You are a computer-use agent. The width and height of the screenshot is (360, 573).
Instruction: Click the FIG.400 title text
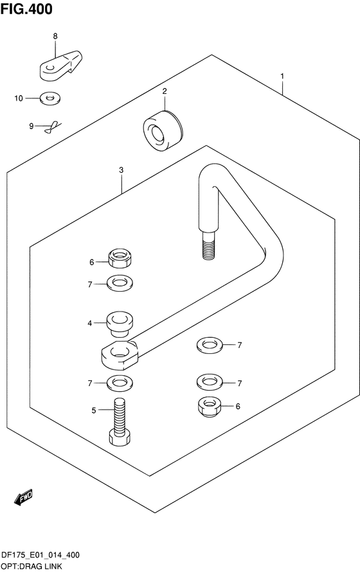26,9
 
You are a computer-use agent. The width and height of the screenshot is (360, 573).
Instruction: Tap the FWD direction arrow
23,498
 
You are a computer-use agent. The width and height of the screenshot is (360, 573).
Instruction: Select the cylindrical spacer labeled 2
163,131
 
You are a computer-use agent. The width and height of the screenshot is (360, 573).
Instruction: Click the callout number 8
55,36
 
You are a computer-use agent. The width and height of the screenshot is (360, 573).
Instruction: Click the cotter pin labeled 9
53,127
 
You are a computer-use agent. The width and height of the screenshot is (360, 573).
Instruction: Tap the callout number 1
282,76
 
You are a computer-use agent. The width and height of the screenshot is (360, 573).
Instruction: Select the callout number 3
121,170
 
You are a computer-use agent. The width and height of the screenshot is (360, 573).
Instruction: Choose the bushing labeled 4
120,324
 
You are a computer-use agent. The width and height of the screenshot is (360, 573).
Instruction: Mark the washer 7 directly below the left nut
120,283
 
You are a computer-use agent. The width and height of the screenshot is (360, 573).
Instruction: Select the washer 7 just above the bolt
120,383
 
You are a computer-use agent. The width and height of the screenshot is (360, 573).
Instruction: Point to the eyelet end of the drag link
120,354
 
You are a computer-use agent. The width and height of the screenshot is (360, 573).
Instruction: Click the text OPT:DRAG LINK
32,567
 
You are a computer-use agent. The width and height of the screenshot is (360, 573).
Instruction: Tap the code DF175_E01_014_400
40,556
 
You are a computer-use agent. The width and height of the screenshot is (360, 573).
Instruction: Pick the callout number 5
94,410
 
